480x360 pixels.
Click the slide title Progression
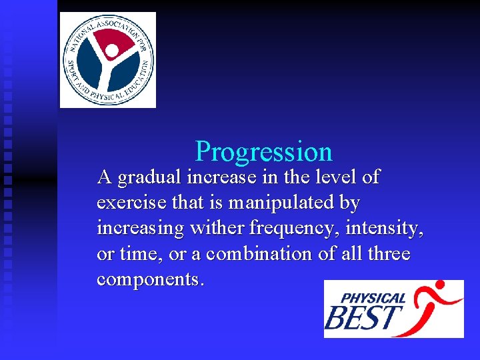coord(263,152)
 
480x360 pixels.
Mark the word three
coord(387,254)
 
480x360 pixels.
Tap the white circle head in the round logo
coord(112,51)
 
